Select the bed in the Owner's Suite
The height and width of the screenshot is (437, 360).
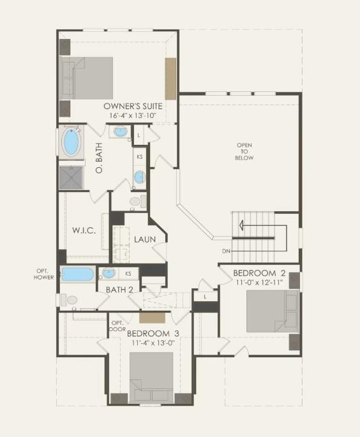click(x=87, y=78)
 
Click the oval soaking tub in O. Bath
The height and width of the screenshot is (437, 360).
click(x=71, y=143)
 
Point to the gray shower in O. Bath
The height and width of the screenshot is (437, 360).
click(x=71, y=177)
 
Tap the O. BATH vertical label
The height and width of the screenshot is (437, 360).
click(x=99, y=160)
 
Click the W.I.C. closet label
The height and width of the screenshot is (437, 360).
click(x=83, y=230)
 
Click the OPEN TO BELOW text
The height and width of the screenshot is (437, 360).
click(x=244, y=151)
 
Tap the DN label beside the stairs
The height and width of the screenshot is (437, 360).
click(x=226, y=251)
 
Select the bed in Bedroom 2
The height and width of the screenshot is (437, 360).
click(x=273, y=311)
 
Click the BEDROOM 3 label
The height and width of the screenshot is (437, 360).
click(x=153, y=334)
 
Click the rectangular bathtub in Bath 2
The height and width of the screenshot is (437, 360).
click(x=77, y=275)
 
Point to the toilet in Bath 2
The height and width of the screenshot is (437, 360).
click(x=70, y=299)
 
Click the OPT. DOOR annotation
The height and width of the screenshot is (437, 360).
click(x=117, y=326)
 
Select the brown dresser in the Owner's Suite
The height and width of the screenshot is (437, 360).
click(x=170, y=78)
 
